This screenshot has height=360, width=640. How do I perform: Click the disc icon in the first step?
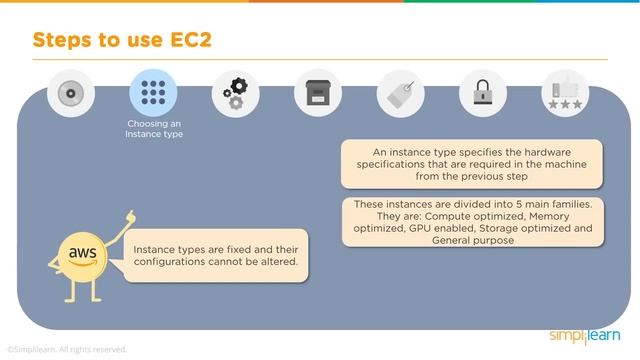[70, 94]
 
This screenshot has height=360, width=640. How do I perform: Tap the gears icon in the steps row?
[233, 94]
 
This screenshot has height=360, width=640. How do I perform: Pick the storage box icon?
[315, 94]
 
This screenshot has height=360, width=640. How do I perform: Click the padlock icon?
[480, 94]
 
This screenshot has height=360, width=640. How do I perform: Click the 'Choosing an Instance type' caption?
[154, 128]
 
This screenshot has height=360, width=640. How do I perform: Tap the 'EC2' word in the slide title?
[182, 40]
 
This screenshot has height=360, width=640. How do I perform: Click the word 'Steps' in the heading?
[67, 40]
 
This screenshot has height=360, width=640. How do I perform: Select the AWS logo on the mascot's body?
[83, 253]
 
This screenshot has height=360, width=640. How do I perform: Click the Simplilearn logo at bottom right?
[584, 335]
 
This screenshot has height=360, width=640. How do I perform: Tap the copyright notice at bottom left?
[67, 350]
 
